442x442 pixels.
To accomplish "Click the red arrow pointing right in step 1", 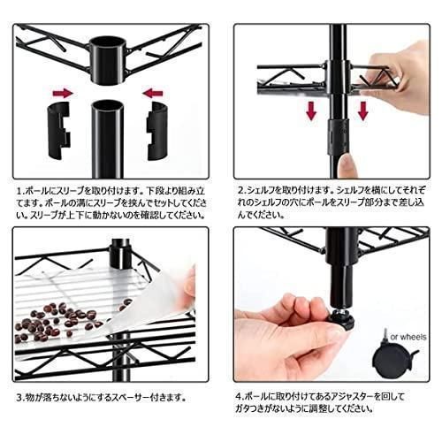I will [x=61, y=92].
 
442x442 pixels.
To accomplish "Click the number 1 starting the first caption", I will [x=19, y=189].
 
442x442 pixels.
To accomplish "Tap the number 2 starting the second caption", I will [x=240, y=189].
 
